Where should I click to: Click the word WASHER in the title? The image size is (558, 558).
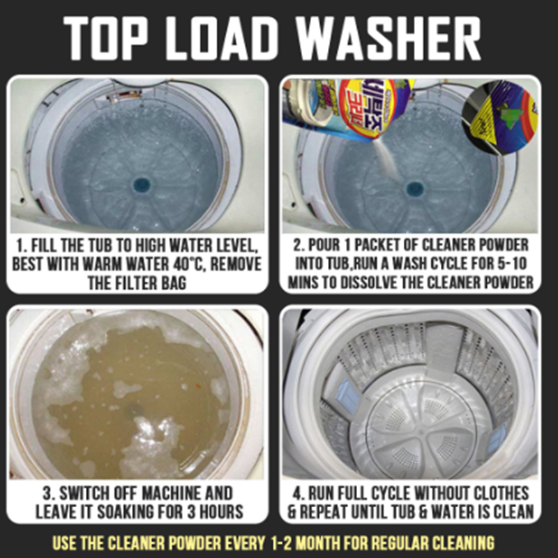[389, 38]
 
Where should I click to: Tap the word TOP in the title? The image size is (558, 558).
[105, 38]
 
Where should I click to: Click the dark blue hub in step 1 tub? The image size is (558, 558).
[142, 184]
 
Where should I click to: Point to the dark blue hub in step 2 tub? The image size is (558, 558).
[414, 188]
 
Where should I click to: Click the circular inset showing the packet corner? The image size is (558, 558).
[500, 116]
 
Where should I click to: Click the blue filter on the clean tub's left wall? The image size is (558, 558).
[347, 395]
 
